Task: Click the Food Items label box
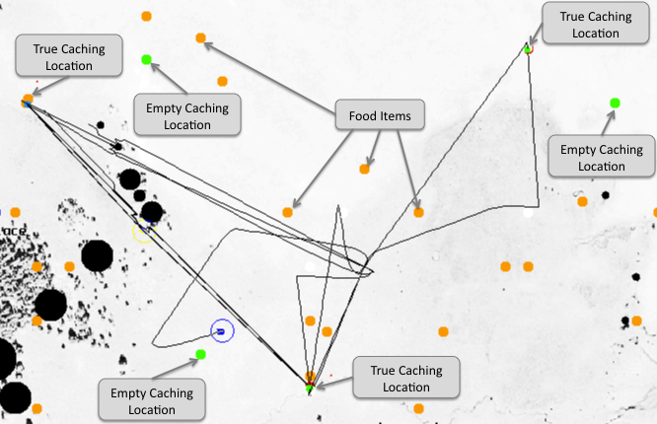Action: tap(380, 115)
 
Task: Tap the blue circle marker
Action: tap(222, 331)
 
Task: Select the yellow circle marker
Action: tap(143, 232)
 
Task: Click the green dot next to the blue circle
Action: tap(200, 354)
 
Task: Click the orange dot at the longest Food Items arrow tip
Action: tap(200, 38)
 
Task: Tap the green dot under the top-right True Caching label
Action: tap(528, 48)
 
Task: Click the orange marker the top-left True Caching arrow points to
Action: tap(27, 99)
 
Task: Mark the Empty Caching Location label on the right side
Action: tap(601, 158)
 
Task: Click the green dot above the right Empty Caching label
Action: tap(615, 103)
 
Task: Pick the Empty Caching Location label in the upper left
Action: tap(186, 116)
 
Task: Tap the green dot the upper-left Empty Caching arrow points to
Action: tap(146, 60)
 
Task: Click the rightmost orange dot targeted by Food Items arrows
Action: tap(418, 212)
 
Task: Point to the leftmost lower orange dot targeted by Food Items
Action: tap(287, 212)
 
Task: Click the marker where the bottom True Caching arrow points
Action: tap(310, 385)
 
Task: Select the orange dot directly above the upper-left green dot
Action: tap(146, 16)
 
